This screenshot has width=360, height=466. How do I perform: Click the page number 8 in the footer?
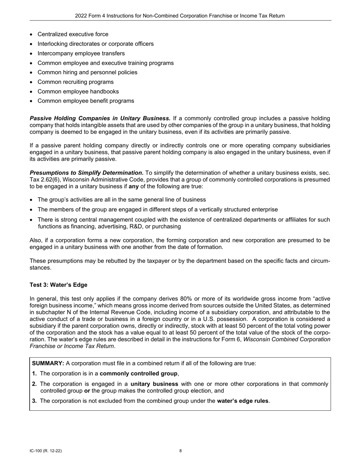(180, 451)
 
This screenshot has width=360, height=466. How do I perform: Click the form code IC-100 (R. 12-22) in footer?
(45, 451)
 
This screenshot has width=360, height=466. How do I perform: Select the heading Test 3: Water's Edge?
(58, 285)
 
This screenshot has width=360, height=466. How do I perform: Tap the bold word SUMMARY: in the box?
(48, 363)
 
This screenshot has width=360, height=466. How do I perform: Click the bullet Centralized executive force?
(73, 34)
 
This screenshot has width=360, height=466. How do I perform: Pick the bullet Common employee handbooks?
(78, 91)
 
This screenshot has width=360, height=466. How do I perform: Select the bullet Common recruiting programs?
(75, 82)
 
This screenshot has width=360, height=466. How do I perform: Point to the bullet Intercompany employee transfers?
(81, 53)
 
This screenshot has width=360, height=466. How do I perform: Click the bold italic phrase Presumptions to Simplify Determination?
(86, 173)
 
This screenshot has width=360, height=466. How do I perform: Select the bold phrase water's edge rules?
(243, 401)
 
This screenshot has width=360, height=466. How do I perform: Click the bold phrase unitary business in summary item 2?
(154, 384)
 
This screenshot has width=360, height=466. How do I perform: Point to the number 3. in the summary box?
(34, 401)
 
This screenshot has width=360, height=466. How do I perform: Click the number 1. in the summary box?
(34, 374)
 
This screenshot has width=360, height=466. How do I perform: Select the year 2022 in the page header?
(81, 16)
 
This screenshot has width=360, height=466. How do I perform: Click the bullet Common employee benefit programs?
(86, 101)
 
